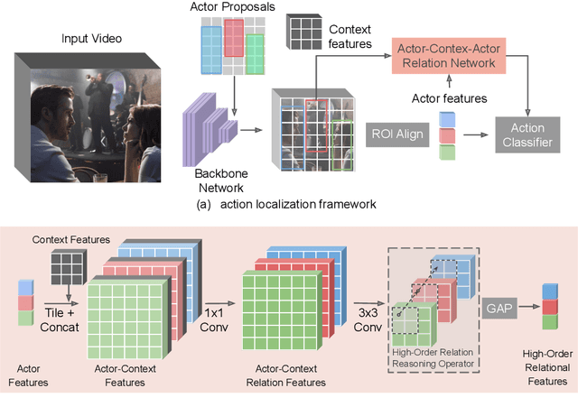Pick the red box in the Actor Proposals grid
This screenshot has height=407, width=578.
[234, 38]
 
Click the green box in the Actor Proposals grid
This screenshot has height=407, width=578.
[255, 53]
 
